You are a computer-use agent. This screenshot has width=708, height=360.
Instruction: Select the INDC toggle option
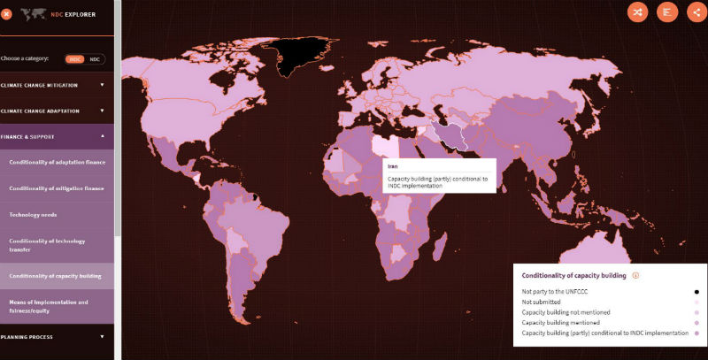(75, 58)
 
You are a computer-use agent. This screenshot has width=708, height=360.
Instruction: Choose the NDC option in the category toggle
(95, 58)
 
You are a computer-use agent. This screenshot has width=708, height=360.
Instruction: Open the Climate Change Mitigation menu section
(53, 85)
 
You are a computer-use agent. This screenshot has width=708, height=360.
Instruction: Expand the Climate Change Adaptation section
(53, 111)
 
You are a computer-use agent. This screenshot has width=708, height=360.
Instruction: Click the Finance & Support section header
(53, 136)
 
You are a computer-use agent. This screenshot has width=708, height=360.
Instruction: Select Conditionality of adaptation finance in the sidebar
(57, 163)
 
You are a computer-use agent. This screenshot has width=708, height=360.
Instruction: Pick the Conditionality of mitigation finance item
(57, 188)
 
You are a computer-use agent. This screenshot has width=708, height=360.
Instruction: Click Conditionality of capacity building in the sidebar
(55, 276)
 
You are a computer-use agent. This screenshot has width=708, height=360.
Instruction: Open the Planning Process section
(53, 337)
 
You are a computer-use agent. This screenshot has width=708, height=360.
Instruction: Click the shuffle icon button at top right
(637, 11)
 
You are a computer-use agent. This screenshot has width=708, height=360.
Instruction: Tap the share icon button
(696, 11)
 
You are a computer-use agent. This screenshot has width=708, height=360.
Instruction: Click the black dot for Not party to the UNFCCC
(696, 291)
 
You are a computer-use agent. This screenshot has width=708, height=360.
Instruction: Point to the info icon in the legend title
(635, 275)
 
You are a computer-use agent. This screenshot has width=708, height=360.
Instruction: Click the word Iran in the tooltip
(393, 165)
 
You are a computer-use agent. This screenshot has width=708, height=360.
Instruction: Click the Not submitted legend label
(542, 302)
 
